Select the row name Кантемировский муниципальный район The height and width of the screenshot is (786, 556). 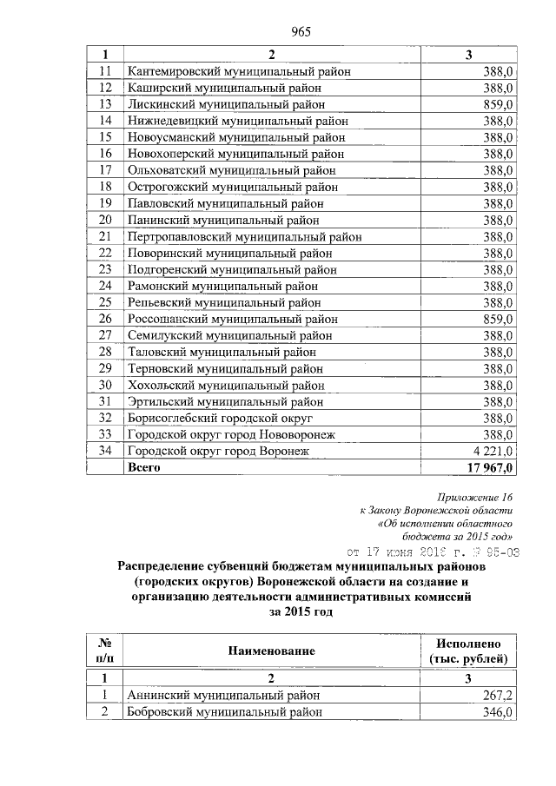(x=239, y=71)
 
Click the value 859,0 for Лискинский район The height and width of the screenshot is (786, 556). (x=499, y=104)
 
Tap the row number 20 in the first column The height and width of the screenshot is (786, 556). (x=105, y=220)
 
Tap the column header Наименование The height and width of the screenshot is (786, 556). (x=272, y=651)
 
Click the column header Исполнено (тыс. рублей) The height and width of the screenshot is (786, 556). (x=468, y=651)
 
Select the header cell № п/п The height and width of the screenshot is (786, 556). (x=104, y=651)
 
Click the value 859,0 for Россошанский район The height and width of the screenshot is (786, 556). (x=499, y=319)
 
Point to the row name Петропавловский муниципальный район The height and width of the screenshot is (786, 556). (x=244, y=236)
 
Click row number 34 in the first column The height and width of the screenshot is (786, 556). (x=105, y=451)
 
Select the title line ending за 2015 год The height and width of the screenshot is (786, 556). (x=301, y=611)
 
